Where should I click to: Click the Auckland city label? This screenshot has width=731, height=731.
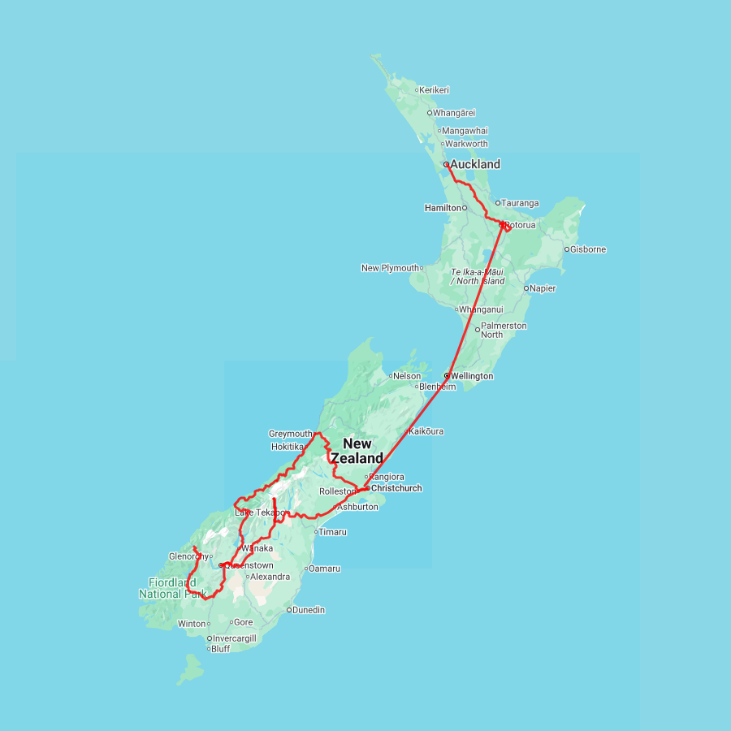(475, 164)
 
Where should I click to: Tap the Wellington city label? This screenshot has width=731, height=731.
(472, 376)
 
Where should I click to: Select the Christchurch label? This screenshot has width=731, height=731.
(396, 488)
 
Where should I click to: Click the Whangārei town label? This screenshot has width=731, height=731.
(455, 113)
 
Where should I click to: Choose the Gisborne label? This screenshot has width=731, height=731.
(589, 249)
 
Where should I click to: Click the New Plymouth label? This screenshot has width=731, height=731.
(391, 268)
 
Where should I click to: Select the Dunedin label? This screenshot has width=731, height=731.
(309, 609)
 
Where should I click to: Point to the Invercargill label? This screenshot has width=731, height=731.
(235, 638)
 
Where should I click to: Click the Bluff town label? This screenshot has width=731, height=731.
(221, 649)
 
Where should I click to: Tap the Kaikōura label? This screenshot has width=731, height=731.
(427, 431)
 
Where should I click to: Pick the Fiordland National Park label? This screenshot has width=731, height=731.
(172, 588)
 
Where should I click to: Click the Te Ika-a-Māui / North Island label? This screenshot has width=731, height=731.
(478, 276)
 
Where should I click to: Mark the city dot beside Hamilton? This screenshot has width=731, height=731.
(465, 208)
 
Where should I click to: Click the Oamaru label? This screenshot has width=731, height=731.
(325, 569)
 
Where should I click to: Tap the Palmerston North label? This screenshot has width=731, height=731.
(504, 330)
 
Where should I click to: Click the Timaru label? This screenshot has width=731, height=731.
(333, 532)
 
